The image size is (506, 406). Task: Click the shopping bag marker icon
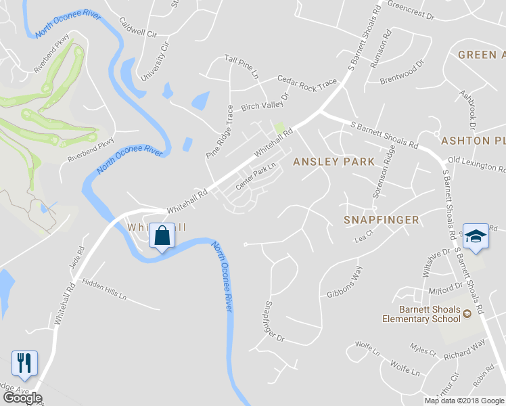click(162, 236)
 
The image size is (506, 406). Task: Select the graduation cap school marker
click(476, 237)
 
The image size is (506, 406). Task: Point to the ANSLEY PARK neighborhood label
click(333, 162)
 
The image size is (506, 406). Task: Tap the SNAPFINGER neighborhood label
click(381, 220)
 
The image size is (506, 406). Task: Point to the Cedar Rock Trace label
click(306, 82)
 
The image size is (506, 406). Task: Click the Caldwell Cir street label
click(137, 27)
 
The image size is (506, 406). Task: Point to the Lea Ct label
click(364, 239)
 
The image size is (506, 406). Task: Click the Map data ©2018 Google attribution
click(464, 400)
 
